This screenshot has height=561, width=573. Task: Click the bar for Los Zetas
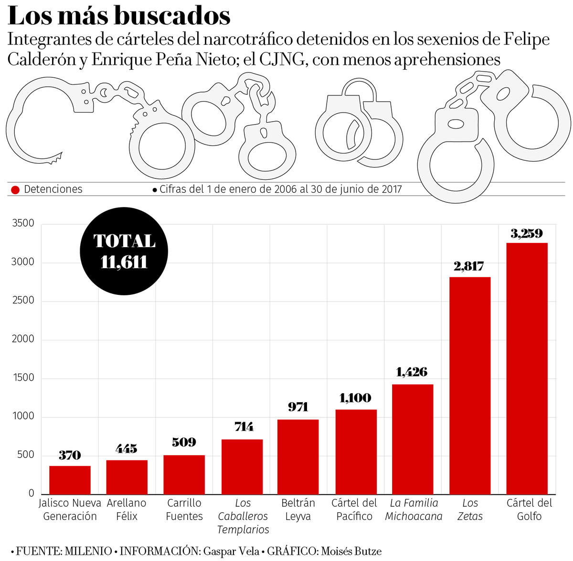470,385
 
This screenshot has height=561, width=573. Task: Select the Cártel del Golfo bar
527,368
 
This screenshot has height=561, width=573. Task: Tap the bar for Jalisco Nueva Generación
70,480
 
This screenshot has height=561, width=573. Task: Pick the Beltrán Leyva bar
298,457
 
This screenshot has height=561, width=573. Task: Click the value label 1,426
412,372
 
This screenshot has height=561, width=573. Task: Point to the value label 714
244,427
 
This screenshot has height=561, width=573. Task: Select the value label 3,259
527,234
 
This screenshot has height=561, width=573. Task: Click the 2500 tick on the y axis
23,301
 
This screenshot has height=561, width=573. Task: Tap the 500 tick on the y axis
26,455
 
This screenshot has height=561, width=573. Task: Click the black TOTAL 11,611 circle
124,251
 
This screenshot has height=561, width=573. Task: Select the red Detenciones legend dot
15,190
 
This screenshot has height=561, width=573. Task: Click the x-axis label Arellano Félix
127,509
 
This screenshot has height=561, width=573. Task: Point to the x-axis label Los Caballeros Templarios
243,516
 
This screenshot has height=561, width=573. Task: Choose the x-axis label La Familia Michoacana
414,509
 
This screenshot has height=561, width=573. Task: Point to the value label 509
184,443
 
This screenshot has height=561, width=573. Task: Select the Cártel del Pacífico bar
356,452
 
